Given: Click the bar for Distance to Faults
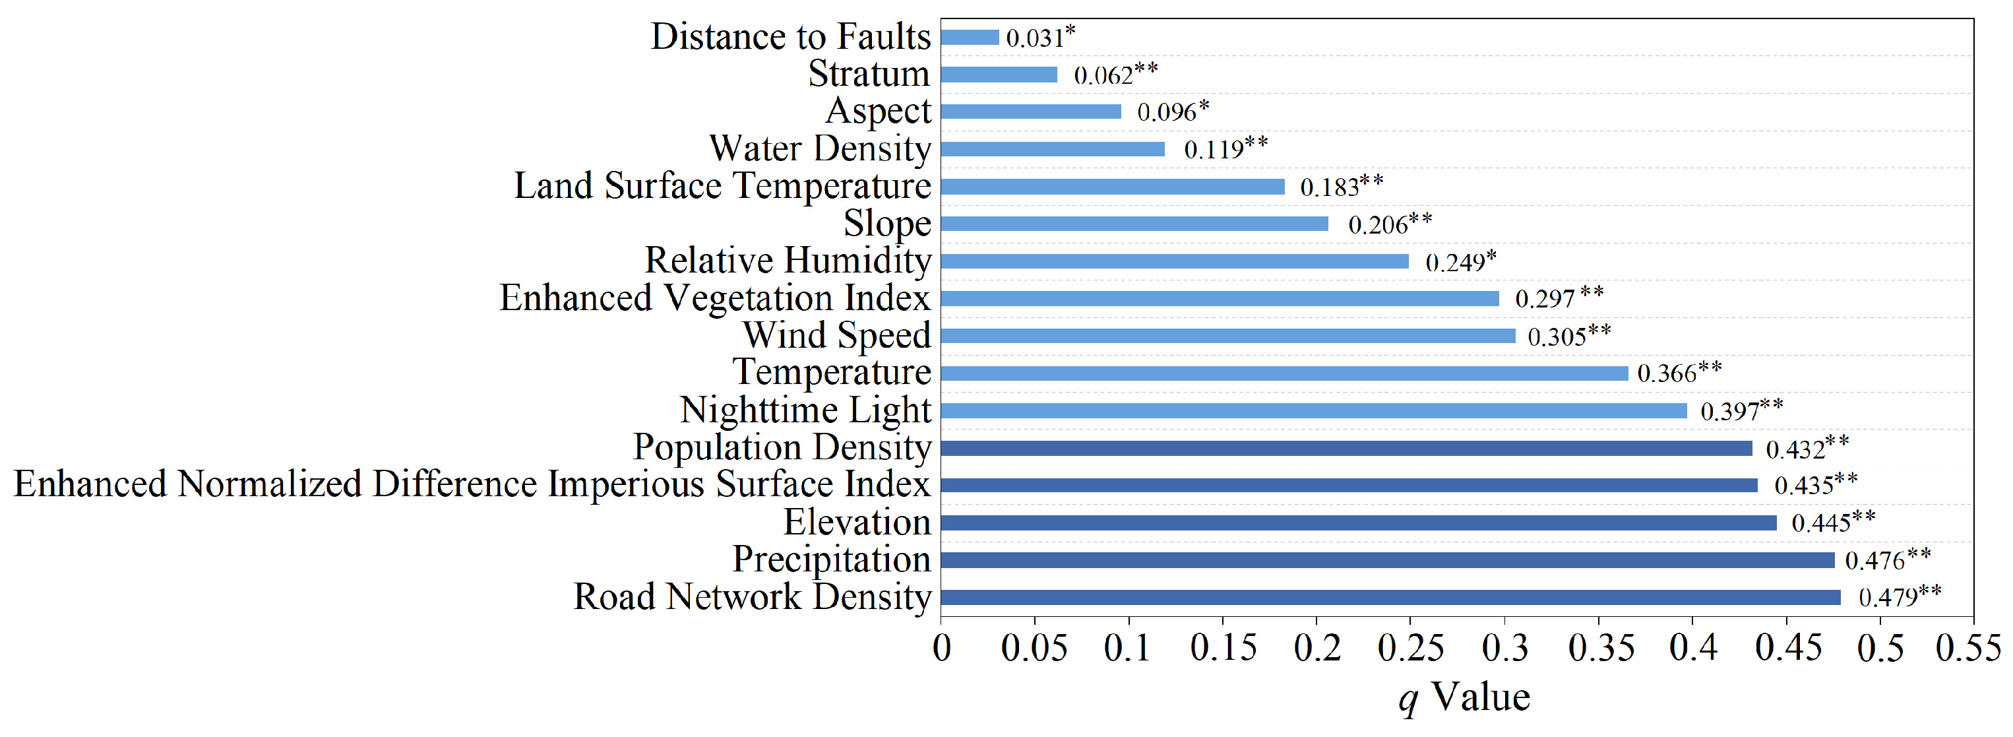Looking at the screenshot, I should (x=970, y=38).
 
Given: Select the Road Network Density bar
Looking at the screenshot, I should (x=1390, y=598).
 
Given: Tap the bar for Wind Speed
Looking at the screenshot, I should (x=1227, y=336).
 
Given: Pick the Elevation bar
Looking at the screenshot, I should (x=1358, y=523).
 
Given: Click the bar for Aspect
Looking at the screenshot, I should (x=1031, y=112).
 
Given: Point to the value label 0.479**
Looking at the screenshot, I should (x=1899, y=596).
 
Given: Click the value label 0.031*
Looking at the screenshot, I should (x=1040, y=37).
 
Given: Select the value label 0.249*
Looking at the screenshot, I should (x=1460, y=261).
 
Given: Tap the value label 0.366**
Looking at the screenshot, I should (x=1679, y=372).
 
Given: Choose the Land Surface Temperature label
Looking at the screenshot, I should (x=722, y=186).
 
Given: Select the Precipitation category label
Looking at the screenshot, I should (x=832, y=560).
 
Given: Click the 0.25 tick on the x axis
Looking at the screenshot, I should (x=1411, y=648).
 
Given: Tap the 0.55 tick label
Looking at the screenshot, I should (x=1967, y=648).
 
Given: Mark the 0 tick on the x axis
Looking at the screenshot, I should (x=942, y=648).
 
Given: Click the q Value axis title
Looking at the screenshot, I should (x=1464, y=696).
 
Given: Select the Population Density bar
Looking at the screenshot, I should (x=1346, y=449).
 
